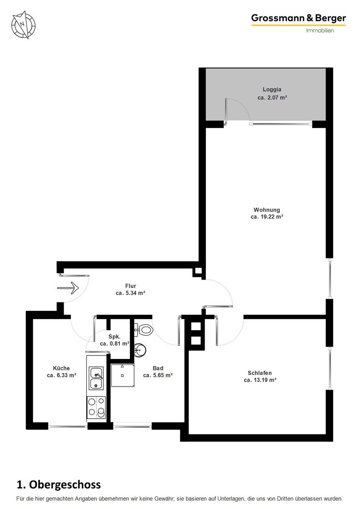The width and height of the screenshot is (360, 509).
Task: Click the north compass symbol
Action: click(x=23, y=25)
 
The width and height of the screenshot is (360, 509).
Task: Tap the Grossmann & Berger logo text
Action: click(x=298, y=18)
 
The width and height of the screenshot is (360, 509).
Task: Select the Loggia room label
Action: click(x=272, y=89)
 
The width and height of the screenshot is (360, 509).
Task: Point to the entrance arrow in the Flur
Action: click(x=68, y=288)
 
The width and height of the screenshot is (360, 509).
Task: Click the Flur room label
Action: click(x=130, y=286)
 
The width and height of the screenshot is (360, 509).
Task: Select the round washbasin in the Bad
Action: click(x=140, y=350)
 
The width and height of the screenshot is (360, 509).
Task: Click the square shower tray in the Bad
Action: click(x=123, y=375)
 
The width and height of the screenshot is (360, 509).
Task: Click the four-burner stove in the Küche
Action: click(x=96, y=408)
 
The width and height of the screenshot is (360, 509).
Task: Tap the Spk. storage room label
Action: click(x=114, y=336)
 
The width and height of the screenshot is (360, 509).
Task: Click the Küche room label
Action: click(x=62, y=368)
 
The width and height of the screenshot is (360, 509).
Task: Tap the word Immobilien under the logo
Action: click(x=320, y=31)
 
